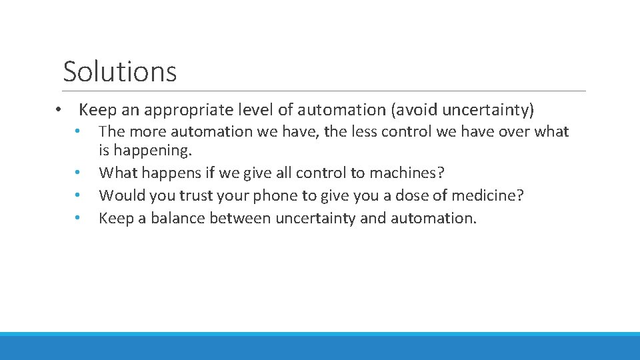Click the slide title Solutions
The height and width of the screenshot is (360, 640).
coord(120,71)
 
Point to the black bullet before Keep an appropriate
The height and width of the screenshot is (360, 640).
coord(59,110)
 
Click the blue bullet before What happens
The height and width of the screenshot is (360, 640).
coord(78,173)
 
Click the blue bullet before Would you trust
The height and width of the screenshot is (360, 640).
coord(78,196)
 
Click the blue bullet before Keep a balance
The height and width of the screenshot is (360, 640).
coord(78,219)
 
